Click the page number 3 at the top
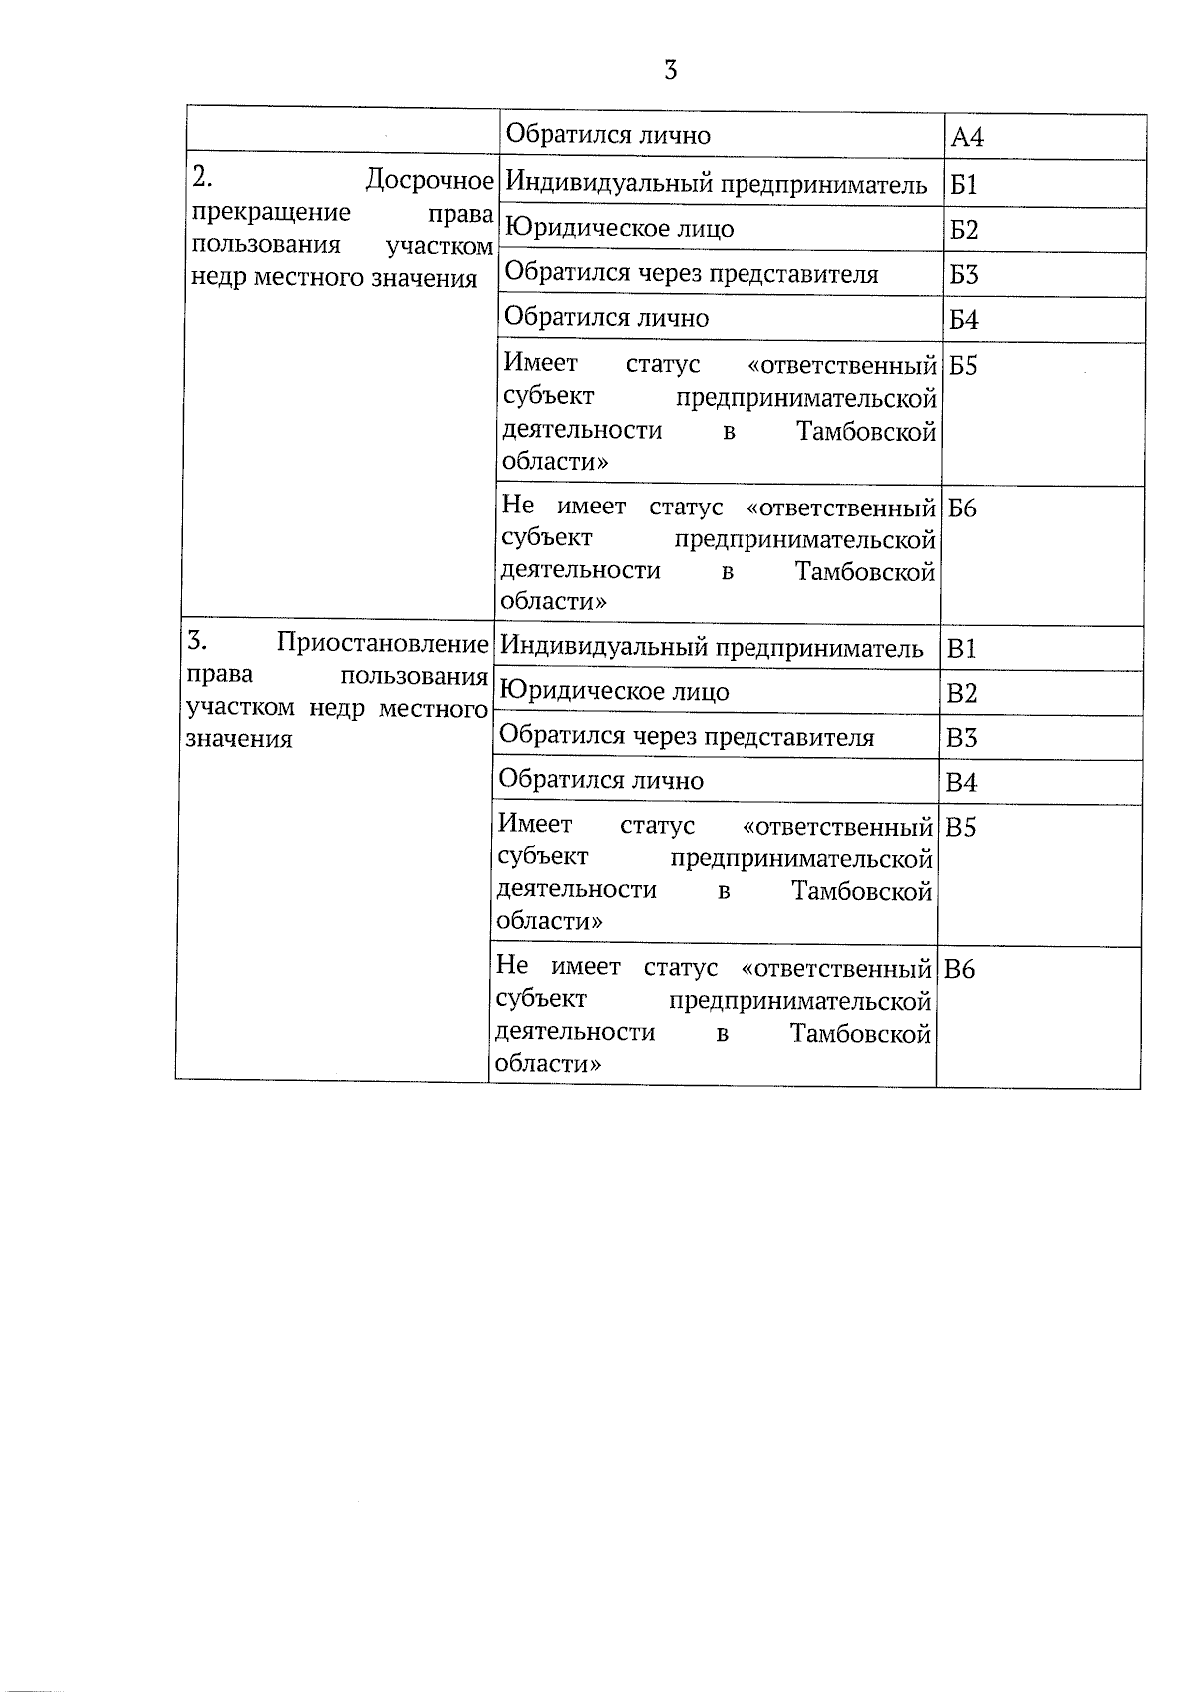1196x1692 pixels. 670,71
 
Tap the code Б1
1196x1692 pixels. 964,185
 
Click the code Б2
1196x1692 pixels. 964,230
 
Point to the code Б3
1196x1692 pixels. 964,275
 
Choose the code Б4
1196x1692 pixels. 964,320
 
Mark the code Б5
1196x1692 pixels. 963,366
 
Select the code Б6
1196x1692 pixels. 962,508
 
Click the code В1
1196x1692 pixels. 961,650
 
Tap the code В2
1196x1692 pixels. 961,694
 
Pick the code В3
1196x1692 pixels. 961,739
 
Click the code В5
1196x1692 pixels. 960,828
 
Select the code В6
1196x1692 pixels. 959,969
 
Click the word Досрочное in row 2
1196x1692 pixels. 430,180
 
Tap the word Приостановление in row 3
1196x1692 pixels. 383,643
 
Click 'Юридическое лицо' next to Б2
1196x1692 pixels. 619,229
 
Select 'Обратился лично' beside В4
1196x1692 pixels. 601,780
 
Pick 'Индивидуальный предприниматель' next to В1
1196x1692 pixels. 712,648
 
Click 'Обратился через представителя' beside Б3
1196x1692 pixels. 692,273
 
